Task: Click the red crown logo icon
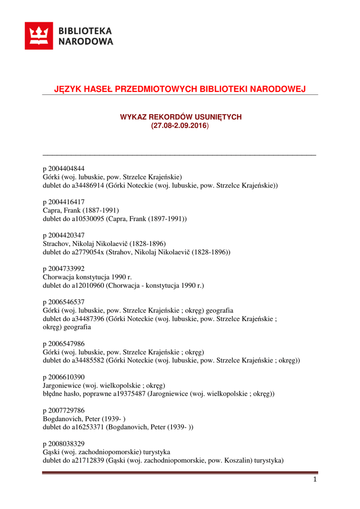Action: coord(39,36)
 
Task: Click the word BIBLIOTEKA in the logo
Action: coord(86,31)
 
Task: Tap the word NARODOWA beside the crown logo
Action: coord(86,42)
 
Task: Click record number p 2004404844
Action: coord(67,168)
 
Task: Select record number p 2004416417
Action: coord(67,202)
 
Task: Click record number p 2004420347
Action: coord(67,235)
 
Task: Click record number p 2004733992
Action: coord(67,269)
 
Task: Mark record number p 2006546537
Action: coord(67,302)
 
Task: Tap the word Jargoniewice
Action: coord(62,385)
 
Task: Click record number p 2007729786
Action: coord(67,411)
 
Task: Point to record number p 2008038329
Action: coord(67,444)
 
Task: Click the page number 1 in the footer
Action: coord(315,480)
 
